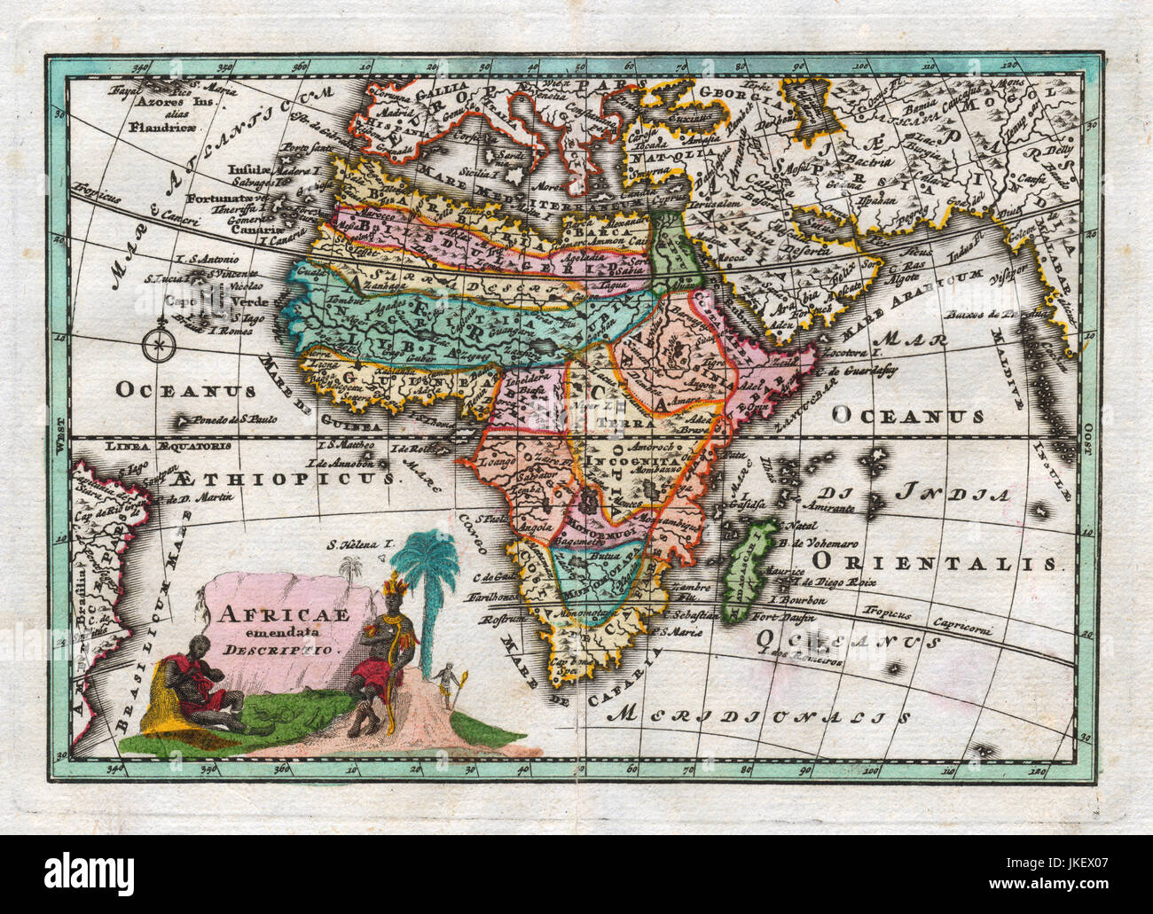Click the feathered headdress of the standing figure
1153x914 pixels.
tap(391, 586)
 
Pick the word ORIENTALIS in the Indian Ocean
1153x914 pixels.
tap(936, 561)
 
